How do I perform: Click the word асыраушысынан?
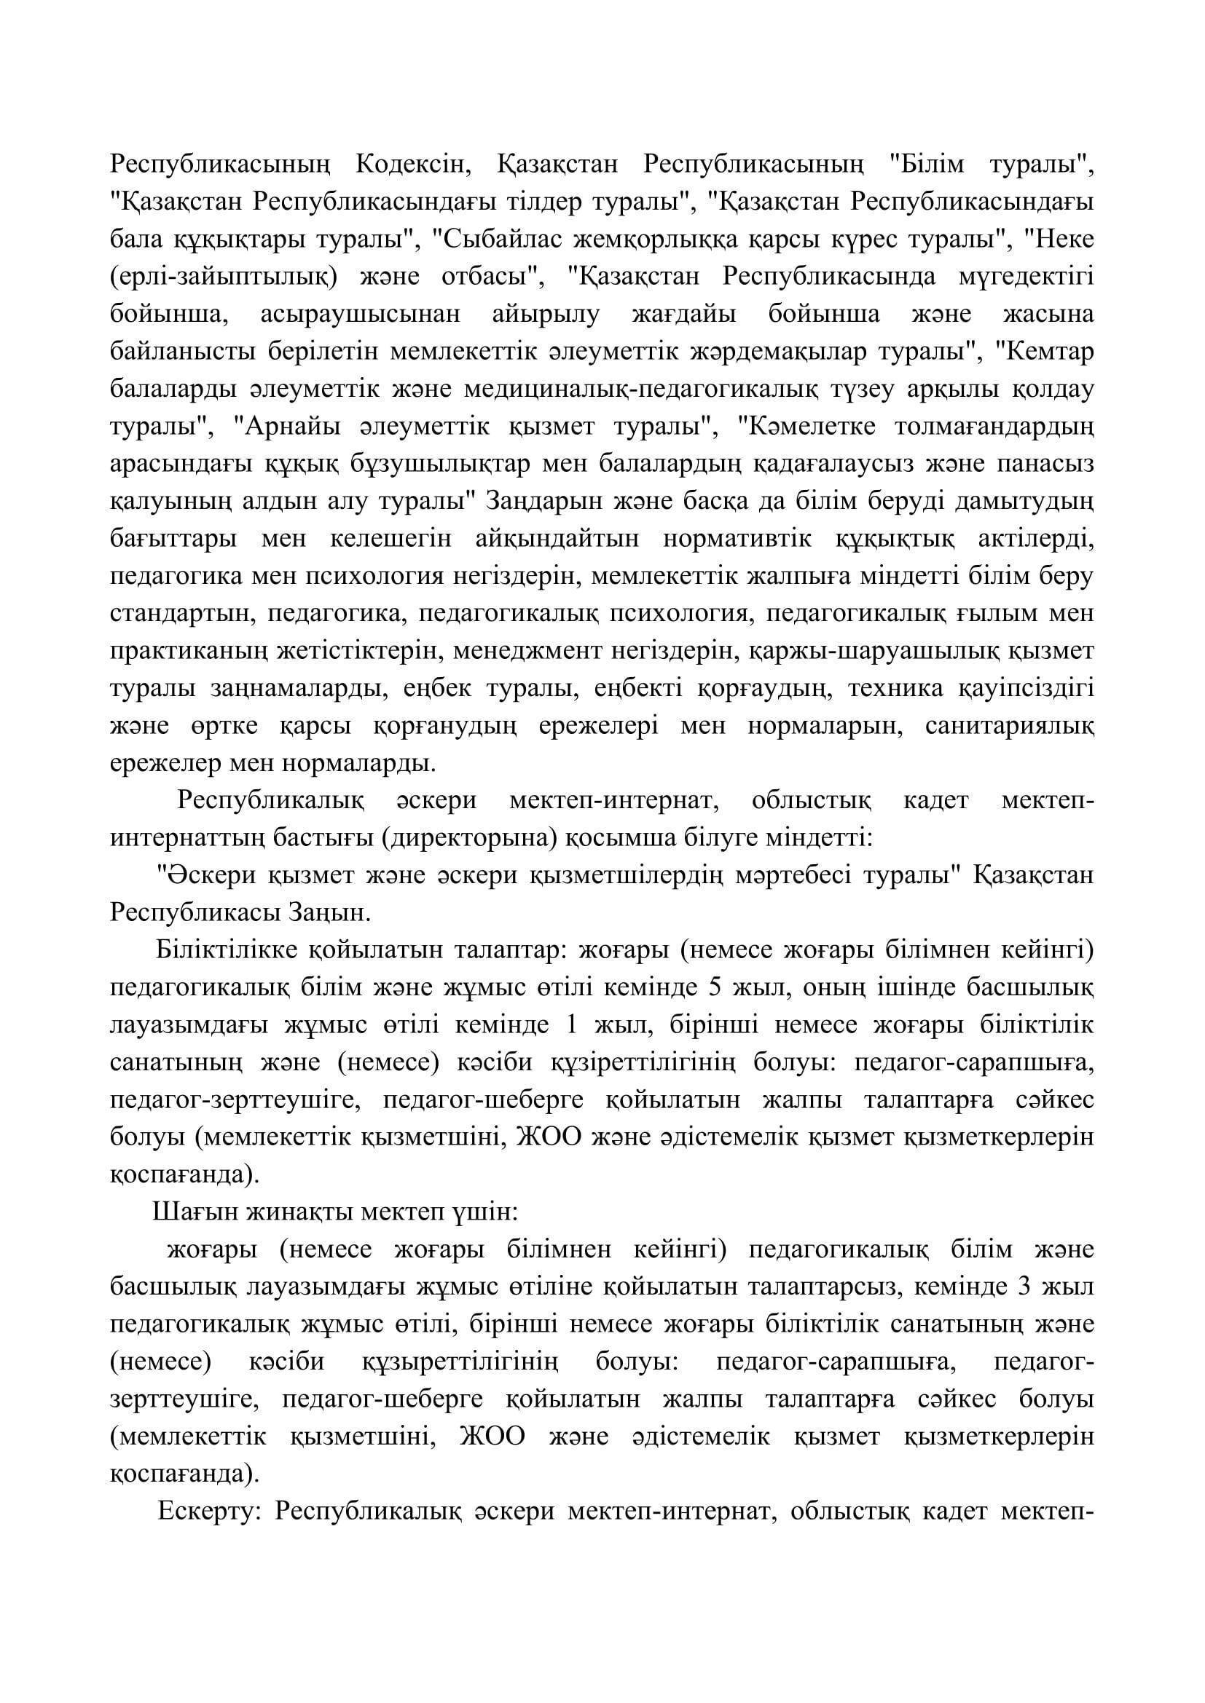coord(361,314)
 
